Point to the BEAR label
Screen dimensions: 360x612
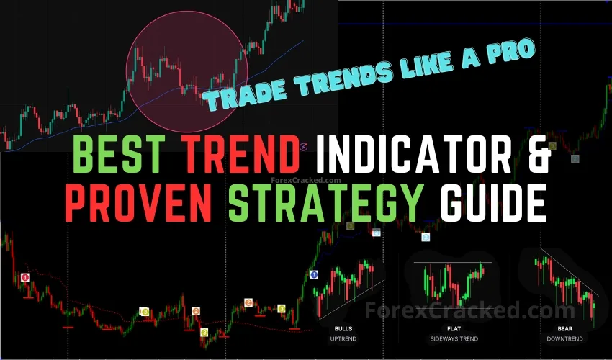[566, 328]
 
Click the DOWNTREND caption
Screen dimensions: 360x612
[566, 338]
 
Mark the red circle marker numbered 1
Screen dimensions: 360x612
[25, 277]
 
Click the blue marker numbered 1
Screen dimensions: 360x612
[314, 274]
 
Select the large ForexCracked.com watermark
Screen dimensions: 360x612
[456, 310]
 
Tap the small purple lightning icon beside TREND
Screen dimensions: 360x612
[303, 147]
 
